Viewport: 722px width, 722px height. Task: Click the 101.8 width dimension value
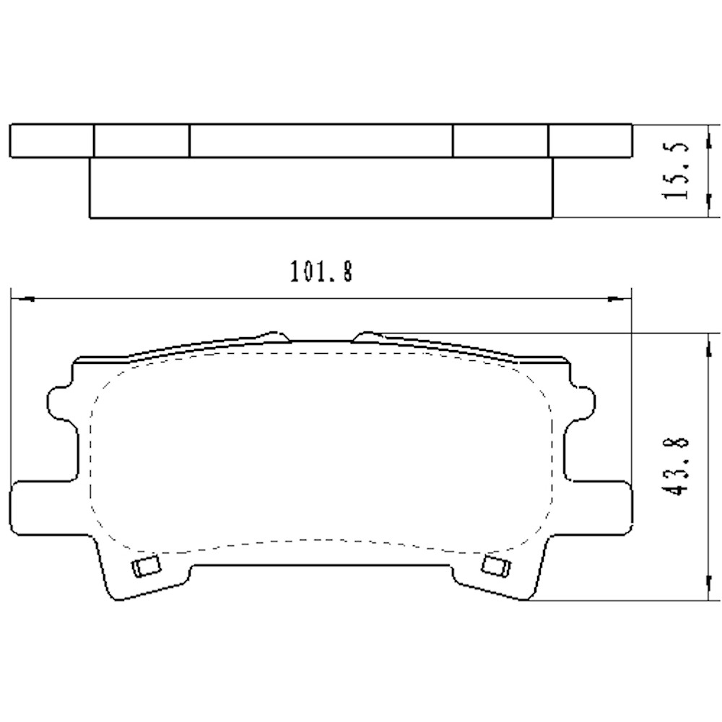pos(321,272)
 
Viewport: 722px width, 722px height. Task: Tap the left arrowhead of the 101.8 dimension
pos(22,297)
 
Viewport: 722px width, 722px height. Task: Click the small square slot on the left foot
pos(147,567)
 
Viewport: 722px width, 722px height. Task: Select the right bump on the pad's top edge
pos(367,336)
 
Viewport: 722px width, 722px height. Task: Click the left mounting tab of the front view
pos(43,503)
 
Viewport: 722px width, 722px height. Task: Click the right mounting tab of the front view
pos(599,503)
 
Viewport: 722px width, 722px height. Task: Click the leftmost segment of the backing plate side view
pos(52,140)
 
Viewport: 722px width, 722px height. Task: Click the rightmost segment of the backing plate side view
pos(590,140)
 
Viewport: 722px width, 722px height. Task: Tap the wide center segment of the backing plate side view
pos(321,140)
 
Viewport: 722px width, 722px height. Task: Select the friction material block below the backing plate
pos(321,187)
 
